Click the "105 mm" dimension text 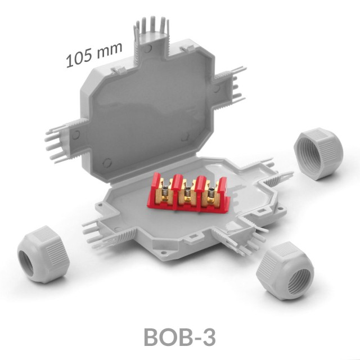(x=94, y=55)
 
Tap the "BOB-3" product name (x=180, y=337)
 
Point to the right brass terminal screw (x=211, y=194)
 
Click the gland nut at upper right (x=318, y=154)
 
